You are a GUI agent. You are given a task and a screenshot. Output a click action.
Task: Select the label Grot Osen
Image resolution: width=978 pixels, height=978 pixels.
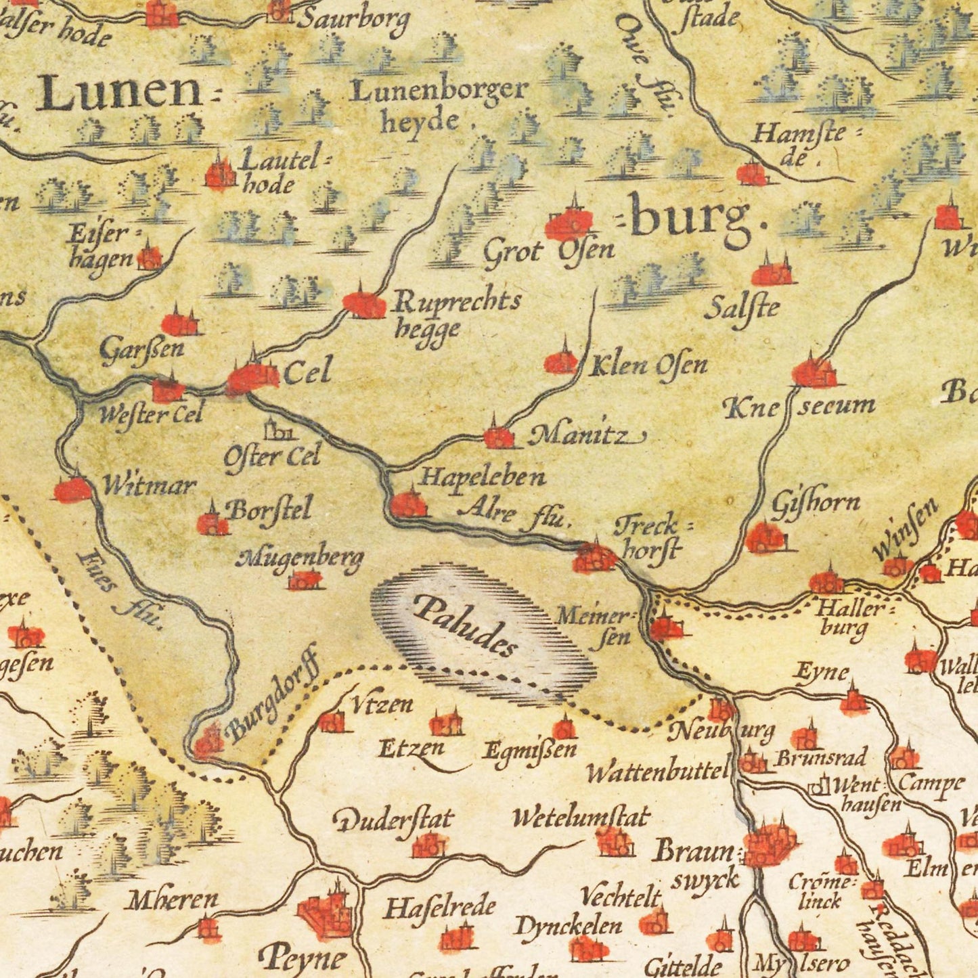point(548,252)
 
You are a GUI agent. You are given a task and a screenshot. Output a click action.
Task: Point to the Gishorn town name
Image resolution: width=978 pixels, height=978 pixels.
point(816,503)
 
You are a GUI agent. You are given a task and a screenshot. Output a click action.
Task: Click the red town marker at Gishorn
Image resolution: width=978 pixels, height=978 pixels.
point(765,538)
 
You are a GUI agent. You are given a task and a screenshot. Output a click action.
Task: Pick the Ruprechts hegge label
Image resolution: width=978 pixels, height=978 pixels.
point(457,313)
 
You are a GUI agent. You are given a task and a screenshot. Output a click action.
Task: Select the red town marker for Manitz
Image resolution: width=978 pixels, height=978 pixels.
point(498,437)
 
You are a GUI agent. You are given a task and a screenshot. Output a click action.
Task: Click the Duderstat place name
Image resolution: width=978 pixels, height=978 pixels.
point(393,820)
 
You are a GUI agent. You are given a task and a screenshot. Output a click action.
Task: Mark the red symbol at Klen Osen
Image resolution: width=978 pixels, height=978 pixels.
point(560,361)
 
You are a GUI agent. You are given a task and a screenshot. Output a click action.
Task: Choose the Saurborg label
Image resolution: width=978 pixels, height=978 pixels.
point(353,20)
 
